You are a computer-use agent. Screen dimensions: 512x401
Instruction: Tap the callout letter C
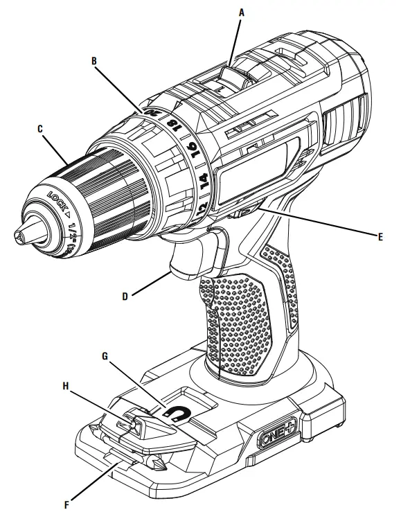coord(40,128)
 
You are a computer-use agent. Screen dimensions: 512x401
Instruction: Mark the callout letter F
coord(68,496)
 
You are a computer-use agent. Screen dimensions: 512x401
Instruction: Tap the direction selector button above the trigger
coord(239,215)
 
